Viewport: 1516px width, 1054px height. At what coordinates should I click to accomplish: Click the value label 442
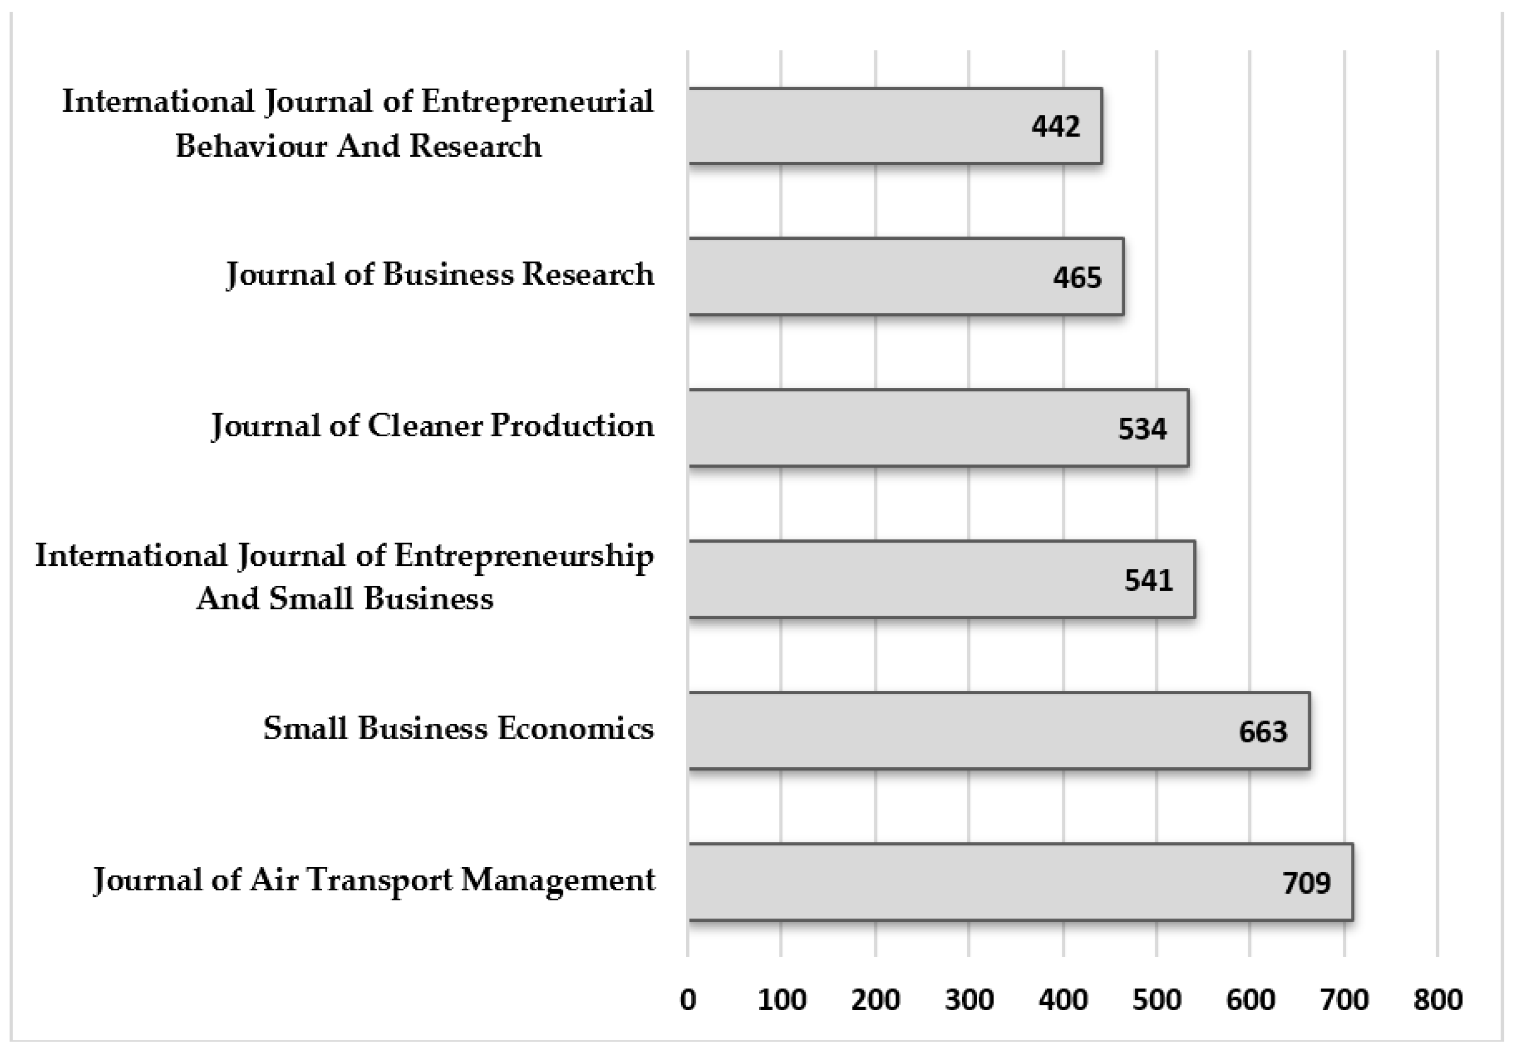(1055, 126)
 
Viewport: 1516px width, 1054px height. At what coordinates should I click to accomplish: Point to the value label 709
(1306, 883)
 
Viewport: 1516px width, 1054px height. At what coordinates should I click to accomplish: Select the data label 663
(1263, 732)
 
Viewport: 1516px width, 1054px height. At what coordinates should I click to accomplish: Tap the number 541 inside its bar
(1148, 580)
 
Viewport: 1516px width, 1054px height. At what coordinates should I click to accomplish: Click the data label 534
(1142, 429)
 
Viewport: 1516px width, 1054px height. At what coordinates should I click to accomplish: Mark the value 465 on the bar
(1077, 278)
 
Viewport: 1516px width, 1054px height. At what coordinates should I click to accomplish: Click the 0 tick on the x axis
(688, 1001)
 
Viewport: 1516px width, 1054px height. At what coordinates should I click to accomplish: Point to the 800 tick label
(1437, 1001)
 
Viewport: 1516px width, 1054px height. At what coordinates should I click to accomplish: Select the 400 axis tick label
(1062, 1001)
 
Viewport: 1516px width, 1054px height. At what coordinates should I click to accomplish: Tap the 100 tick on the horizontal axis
(781, 1001)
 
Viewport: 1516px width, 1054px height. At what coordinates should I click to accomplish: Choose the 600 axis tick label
(1250, 1001)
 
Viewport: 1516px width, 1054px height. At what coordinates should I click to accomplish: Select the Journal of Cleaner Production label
(432, 425)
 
